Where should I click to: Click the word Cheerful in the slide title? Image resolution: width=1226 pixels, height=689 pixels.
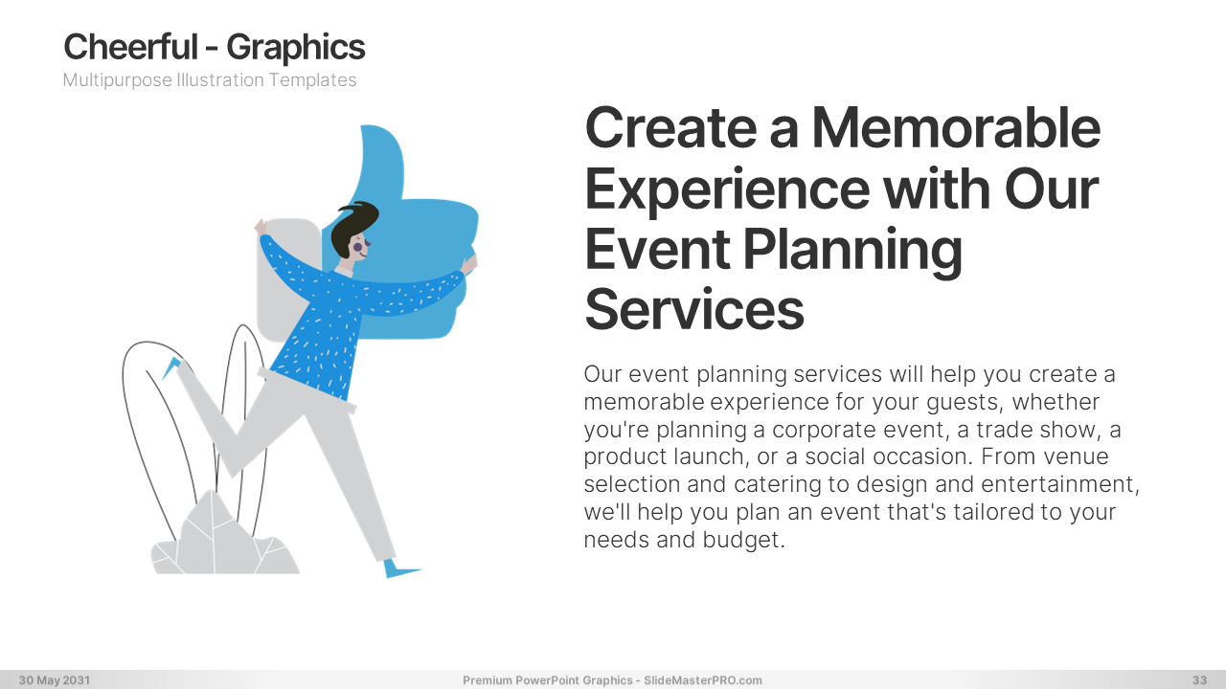point(131,47)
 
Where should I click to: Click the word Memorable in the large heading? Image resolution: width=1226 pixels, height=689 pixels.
point(956,128)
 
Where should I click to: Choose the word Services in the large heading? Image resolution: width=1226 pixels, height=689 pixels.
point(694,309)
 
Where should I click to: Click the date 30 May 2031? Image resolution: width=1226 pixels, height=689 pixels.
point(55,680)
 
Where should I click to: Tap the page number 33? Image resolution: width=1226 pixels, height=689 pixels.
point(1200,680)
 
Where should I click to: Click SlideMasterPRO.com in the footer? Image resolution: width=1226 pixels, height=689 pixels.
point(703,680)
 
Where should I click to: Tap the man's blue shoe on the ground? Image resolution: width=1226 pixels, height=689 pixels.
point(399,568)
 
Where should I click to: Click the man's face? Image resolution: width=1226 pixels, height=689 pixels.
point(358,247)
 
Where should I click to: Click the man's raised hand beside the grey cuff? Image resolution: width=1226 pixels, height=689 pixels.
point(261,227)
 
